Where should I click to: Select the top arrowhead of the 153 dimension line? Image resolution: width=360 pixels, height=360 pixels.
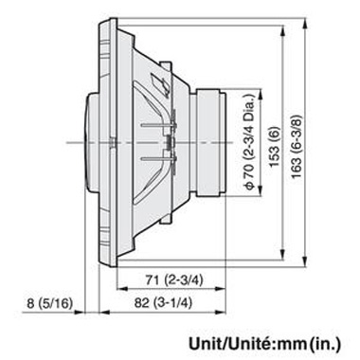click(x=287, y=37)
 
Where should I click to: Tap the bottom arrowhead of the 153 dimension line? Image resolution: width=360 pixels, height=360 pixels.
click(x=287, y=248)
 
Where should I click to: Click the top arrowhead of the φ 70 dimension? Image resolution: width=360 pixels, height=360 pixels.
click(x=261, y=92)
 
